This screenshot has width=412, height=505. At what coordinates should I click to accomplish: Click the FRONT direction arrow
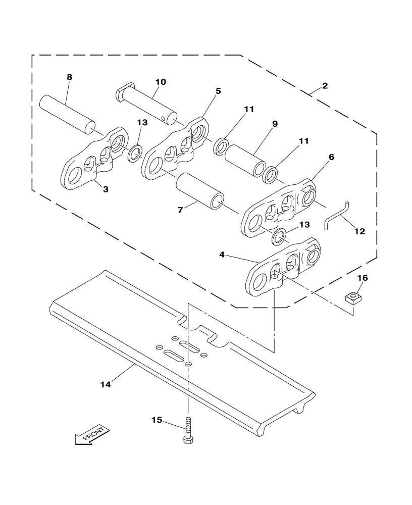[x=91, y=434]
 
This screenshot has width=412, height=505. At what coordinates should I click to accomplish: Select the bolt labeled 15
[x=187, y=431]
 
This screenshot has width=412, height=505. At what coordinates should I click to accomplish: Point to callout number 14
[x=106, y=384]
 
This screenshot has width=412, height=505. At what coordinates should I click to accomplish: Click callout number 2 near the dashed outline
[x=325, y=86]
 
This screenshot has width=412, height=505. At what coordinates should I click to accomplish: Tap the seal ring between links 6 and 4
[x=279, y=236]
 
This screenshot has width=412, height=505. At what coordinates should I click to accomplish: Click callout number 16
[x=363, y=278]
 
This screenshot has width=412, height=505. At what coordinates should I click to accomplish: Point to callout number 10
[x=160, y=81]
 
